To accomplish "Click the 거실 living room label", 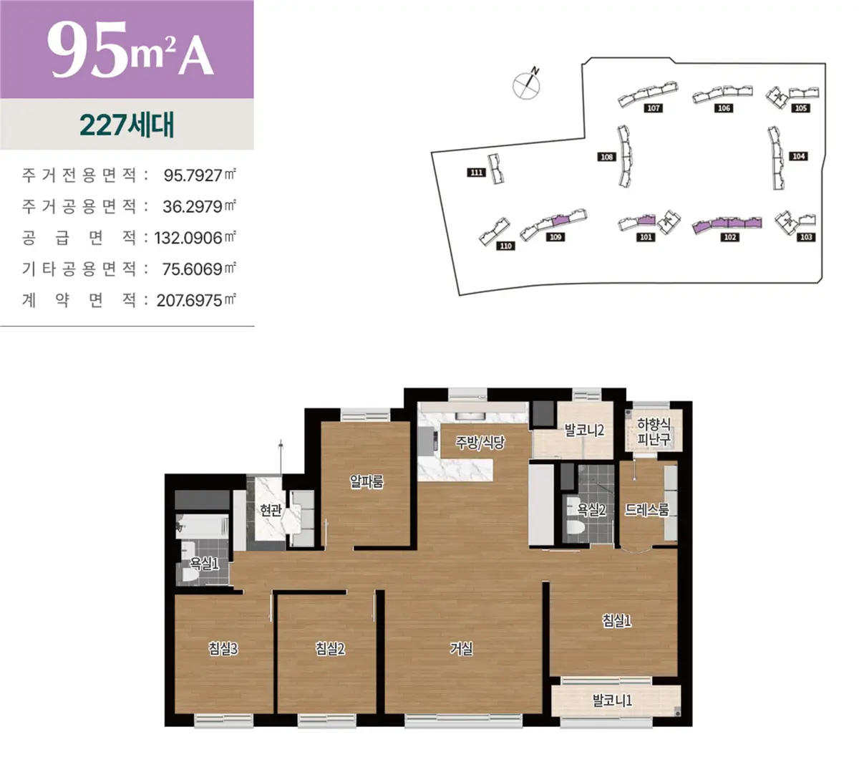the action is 461,648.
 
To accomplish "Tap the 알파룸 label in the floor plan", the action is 367,482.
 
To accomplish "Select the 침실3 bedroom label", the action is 223,649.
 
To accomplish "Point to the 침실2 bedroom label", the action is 330,649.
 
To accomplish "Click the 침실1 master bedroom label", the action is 616,620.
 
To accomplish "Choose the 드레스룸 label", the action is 646,509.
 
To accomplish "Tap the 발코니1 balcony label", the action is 612,701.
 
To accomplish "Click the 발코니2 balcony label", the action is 584,430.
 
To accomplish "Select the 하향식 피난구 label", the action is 654,432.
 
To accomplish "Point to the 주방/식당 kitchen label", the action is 480,443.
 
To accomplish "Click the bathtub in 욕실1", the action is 202,526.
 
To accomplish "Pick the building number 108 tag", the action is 606,157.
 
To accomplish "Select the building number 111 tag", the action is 476,173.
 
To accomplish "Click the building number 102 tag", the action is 729,237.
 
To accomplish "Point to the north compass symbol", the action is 527,84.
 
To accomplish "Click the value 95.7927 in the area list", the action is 193,175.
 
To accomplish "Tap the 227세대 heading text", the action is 127,125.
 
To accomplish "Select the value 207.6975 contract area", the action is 189,301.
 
